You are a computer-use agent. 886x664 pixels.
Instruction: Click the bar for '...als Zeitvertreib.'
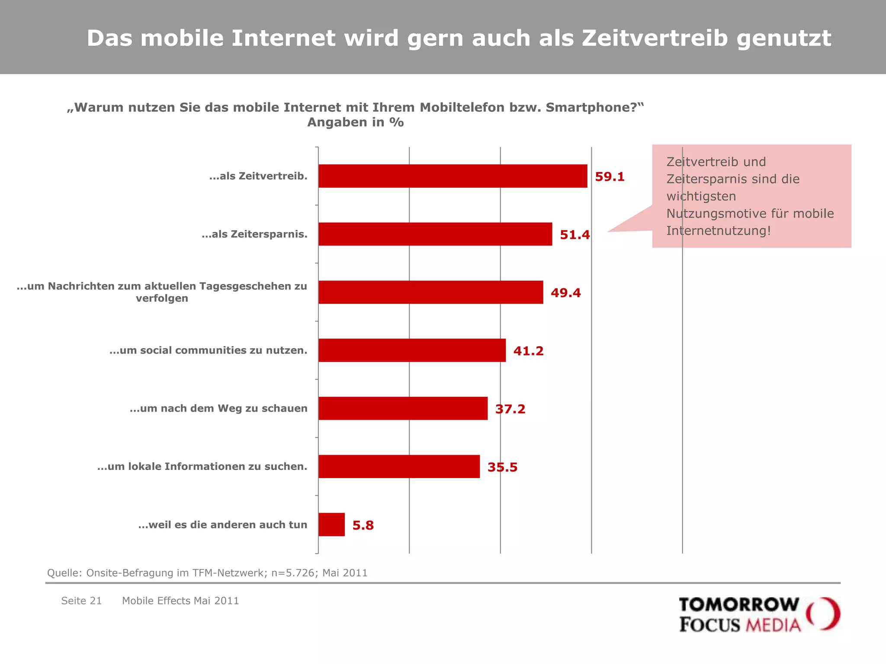pos(453,176)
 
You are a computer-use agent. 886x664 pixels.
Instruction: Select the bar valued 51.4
pos(435,234)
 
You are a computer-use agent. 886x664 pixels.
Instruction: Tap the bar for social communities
pos(412,350)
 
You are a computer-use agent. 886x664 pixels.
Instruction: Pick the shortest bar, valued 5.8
pos(331,524)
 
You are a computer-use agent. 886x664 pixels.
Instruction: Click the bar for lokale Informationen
pos(399,466)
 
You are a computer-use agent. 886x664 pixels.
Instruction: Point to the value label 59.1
pos(610,177)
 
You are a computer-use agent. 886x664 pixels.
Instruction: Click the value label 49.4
pos(565,293)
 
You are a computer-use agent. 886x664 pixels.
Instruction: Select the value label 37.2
pos(510,409)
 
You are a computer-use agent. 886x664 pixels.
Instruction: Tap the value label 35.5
pos(502,467)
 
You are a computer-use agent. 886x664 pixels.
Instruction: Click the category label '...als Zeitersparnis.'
pos(254,234)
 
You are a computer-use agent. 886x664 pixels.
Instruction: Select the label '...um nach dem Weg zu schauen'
pos(218,409)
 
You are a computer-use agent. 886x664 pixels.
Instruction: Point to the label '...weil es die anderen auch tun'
pos(222,525)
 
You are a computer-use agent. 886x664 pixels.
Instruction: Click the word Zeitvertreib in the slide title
pos(655,38)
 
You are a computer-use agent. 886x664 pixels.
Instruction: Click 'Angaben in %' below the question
pos(355,123)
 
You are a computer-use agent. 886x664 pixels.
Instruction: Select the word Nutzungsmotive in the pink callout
pos(712,214)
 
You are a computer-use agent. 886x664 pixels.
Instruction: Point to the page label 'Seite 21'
pos(81,601)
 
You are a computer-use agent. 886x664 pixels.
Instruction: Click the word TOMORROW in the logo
pos(738,605)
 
